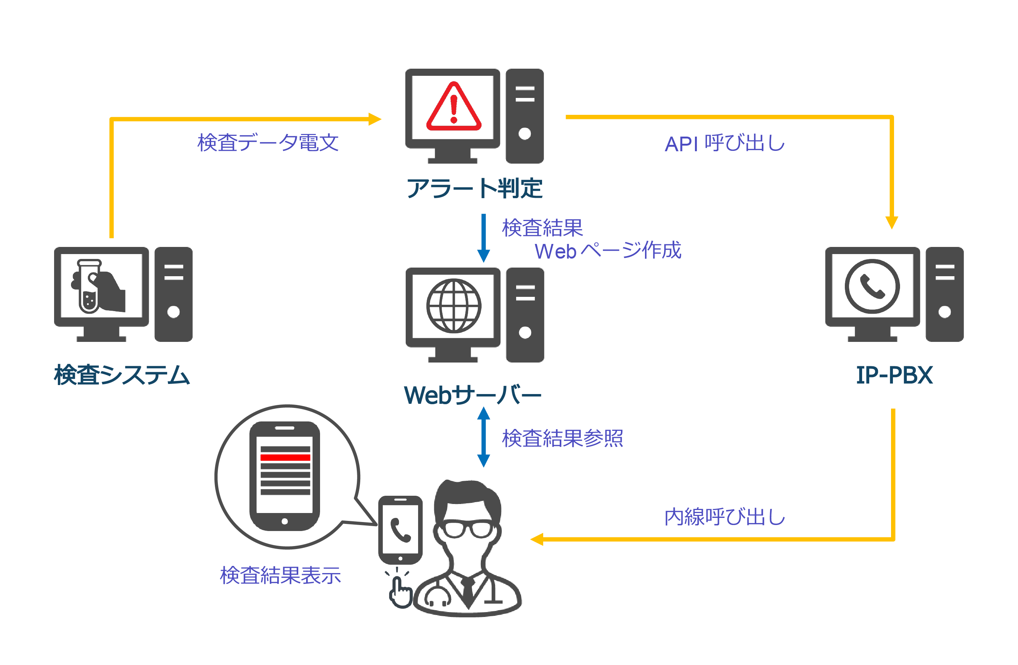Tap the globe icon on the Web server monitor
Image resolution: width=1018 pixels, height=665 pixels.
click(x=453, y=306)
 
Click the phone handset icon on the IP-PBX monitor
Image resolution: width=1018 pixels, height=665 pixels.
click(x=872, y=286)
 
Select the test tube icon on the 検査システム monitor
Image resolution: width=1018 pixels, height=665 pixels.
click(x=89, y=286)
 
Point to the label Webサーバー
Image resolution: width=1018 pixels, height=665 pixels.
click(x=472, y=395)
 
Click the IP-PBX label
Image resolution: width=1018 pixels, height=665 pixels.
click(x=894, y=375)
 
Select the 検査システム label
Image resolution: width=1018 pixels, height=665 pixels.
click(x=122, y=375)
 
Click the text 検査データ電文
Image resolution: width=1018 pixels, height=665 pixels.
click(x=268, y=143)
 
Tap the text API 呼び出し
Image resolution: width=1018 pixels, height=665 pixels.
click(x=725, y=143)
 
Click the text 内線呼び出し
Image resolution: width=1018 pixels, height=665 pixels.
click(x=725, y=517)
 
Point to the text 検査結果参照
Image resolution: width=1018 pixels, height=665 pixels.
click(x=562, y=438)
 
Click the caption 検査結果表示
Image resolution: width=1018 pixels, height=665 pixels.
click(x=280, y=575)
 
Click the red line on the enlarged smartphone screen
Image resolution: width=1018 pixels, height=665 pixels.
click(x=285, y=458)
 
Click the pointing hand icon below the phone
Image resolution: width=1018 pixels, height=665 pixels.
click(x=400, y=592)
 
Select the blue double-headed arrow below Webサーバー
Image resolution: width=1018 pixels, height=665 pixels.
click(x=483, y=437)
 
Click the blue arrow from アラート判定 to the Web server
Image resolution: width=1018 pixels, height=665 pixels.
click(x=483, y=238)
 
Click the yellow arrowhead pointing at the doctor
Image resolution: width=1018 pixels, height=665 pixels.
click(x=537, y=539)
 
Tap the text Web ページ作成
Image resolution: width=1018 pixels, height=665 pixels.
click(x=607, y=251)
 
